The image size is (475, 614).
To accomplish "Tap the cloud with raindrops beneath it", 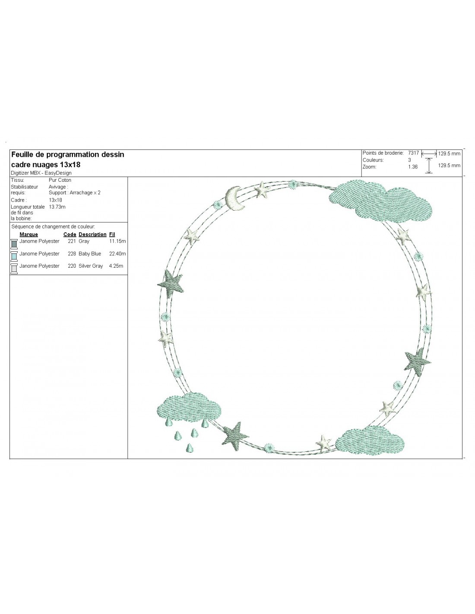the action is [189, 407].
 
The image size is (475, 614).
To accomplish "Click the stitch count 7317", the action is [413, 153].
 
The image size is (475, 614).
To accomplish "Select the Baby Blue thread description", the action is [90, 254].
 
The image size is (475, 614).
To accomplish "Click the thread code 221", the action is [72, 241].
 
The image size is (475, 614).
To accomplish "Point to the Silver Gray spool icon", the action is [14, 269].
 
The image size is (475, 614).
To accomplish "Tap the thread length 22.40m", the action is [117, 254].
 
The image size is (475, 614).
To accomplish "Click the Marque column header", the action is [29, 234].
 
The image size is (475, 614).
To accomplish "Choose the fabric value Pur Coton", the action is [60, 180].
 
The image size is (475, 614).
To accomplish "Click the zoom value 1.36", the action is [413, 167].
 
